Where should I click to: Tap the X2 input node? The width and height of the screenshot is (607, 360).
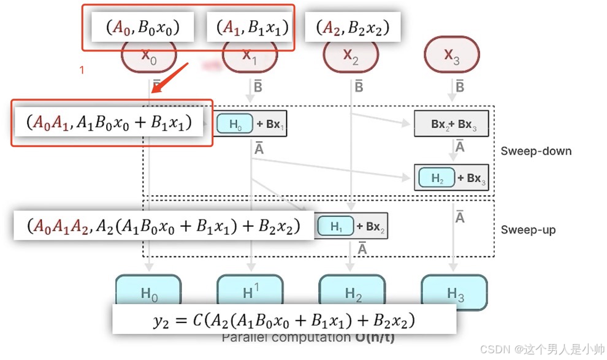click(351, 56)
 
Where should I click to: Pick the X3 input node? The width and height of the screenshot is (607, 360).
click(451, 56)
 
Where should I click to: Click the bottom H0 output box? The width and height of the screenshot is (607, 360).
click(149, 290)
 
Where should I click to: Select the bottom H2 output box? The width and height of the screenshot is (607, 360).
click(353, 290)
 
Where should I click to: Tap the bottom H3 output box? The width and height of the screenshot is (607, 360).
click(454, 290)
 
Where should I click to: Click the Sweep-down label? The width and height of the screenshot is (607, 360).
click(536, 150)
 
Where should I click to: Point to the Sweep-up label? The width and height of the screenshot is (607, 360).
click(528, 230)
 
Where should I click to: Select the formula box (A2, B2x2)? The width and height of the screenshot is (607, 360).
click(353, 28)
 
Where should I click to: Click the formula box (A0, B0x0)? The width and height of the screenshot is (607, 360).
click(143, 28)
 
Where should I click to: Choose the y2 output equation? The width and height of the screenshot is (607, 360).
click(284, 320)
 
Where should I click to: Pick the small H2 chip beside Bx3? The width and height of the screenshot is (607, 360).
click(437, 178)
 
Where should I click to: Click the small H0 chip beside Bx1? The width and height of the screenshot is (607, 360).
click(235, 124)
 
